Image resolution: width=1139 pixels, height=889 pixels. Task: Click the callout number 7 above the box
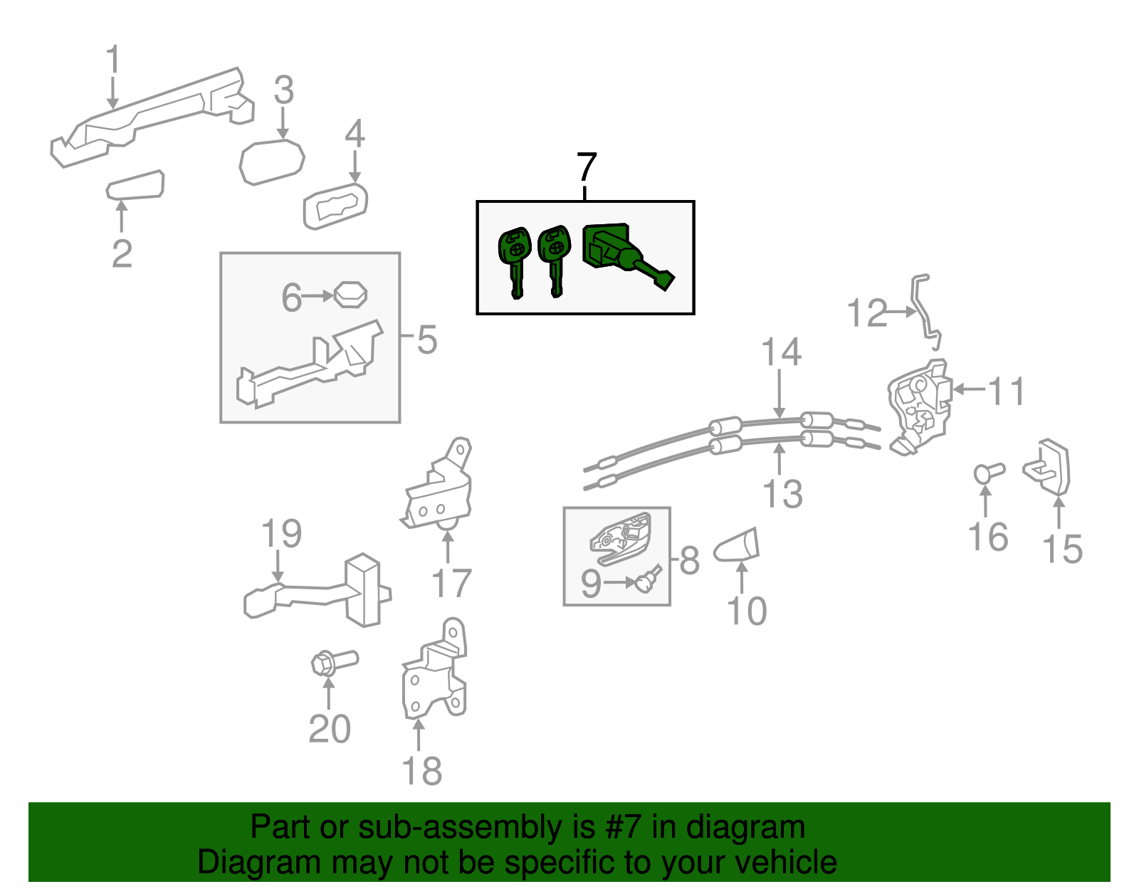pyautogui.click(x=586, y=167)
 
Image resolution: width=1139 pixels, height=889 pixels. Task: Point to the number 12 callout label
pyautogui.click(x=867, y=313)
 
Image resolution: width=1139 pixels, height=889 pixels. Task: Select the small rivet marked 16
pyautogui.click(x=987, y=472)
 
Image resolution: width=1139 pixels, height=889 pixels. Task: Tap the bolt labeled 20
pyautogui.click(x=332, y=663)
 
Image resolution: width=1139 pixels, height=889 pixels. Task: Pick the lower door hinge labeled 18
pyautogui.click(x=434, y=673)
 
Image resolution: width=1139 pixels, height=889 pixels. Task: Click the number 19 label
pyautogui.click(x=282, y=534)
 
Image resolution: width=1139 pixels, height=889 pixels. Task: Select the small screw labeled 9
pyautogui.click(x=649, y=579)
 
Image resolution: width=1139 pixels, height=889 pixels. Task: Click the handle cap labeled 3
pyautogui.click(x=271, y=162)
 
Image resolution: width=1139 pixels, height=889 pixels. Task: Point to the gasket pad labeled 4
pyautogui.click(x=335, y=206)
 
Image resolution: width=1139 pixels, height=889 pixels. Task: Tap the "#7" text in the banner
pyautogui.click(x=624, y=828)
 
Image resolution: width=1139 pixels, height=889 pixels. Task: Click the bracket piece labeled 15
pyautogui.click(x=1049, y=467)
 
